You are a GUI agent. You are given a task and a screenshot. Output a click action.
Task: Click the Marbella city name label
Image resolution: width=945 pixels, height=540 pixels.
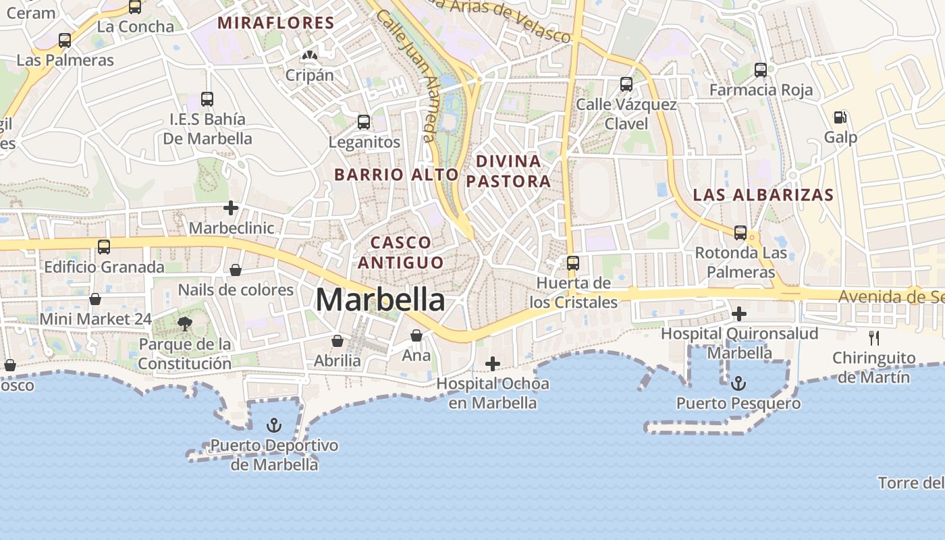click(380, 300)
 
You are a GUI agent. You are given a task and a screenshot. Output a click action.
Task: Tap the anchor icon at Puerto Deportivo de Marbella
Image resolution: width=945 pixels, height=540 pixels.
click(274, 425)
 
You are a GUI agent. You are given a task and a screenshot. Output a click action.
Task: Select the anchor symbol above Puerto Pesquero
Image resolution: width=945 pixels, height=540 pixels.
click(739, 383)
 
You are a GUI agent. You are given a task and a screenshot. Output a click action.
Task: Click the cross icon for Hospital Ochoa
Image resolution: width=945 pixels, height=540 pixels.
click(493, 364)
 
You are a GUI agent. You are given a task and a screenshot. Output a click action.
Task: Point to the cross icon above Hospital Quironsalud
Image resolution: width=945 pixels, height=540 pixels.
click(739, 313)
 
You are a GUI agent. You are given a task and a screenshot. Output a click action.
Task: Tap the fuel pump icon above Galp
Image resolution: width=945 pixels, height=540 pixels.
click(840, 117)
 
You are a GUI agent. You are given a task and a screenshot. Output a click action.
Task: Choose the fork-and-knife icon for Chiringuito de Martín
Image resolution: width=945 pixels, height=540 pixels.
click(874, 337)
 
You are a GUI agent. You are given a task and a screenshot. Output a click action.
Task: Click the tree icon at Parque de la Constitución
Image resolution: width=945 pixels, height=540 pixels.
click(185, 324)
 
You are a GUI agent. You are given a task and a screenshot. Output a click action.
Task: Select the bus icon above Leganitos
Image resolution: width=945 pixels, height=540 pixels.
click(364, 122)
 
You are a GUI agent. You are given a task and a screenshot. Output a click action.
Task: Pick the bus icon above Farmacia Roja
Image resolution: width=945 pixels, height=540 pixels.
click(761, 70)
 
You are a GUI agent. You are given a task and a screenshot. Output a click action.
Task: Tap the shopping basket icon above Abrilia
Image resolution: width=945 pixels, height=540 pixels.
click(337, 341)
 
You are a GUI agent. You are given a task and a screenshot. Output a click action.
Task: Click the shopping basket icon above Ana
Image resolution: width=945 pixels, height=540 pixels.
click(416, 335)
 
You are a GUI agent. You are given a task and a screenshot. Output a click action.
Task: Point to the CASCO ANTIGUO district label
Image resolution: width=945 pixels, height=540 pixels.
click(401, 252)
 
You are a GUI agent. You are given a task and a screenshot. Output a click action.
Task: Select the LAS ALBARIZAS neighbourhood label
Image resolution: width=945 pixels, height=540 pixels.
click(763, 195)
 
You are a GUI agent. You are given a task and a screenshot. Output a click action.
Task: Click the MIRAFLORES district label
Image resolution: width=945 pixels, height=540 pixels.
click(275, 23)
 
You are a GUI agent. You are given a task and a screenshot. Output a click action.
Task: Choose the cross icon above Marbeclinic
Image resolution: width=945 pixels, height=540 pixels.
click(231, 208)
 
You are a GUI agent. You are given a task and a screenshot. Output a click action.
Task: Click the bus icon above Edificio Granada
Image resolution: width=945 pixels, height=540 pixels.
click(104, 247)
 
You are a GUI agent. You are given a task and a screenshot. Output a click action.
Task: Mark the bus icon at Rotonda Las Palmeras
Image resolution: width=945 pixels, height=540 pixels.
click(740, 233)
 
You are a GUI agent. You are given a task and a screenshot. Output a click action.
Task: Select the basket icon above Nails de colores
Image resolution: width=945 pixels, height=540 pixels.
click(236, 270)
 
